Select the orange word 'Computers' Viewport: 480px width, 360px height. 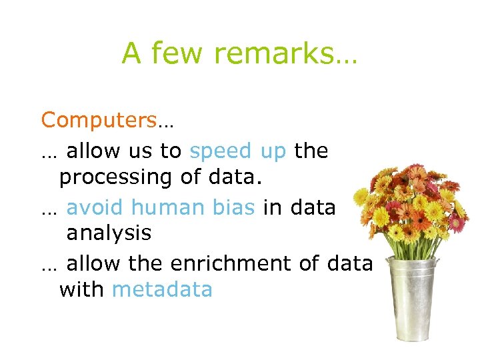coord(99,121)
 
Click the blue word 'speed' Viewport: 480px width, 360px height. coord(221,151)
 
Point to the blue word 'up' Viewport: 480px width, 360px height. coord(273,151)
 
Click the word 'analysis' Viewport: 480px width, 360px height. coord(109,234)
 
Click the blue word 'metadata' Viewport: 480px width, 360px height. coord(162,290)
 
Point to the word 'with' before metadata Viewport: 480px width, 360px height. coord(82,290)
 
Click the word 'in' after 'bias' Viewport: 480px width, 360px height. coord(271,207)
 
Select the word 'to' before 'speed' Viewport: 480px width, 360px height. coord(170,151)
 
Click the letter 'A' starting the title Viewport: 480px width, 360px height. coord(131,53)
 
